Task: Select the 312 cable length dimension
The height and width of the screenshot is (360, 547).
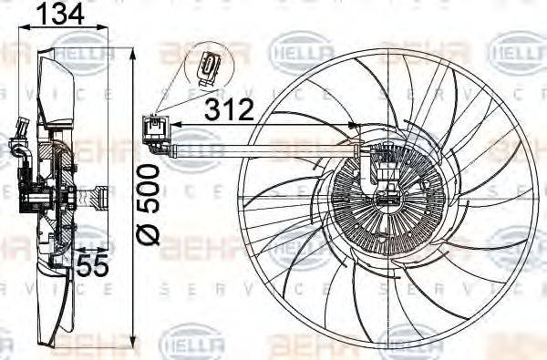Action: coord(229,110)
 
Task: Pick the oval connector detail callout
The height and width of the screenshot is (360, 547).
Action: coord(209,67)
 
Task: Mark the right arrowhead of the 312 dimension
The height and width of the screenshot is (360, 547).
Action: coord(356,125)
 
